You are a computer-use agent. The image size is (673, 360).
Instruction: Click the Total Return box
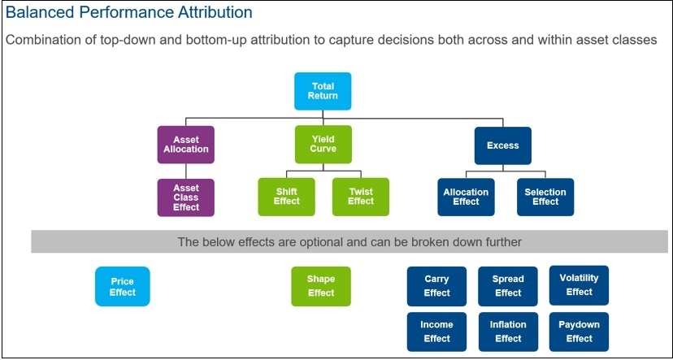(322, 91)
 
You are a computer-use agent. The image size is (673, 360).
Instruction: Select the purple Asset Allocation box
(185, 145)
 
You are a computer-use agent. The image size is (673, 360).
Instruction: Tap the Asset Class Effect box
(185, 197)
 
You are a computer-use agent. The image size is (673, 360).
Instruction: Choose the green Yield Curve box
(322, 145)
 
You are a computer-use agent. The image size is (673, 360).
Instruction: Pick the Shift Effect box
(285, 197)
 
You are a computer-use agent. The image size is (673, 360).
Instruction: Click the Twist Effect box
(360, 197)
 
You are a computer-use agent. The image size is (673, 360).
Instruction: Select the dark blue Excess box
(502, 145)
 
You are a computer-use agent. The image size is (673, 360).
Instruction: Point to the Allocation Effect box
(466, 197)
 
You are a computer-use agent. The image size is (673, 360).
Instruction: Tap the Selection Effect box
(545, 197)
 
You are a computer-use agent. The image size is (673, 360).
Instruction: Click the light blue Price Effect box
(123, 287)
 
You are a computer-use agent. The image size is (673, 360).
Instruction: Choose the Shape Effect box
(321, 286)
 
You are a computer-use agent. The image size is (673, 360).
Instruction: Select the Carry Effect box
(436, 286)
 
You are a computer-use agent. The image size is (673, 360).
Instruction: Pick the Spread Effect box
(508, 286)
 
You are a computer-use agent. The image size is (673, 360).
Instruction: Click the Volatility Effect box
(579, 285)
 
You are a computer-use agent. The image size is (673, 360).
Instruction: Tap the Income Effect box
(436, 332)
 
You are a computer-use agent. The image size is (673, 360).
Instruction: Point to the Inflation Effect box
(508, 332)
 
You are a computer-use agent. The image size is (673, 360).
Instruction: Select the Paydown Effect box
(579, 332)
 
